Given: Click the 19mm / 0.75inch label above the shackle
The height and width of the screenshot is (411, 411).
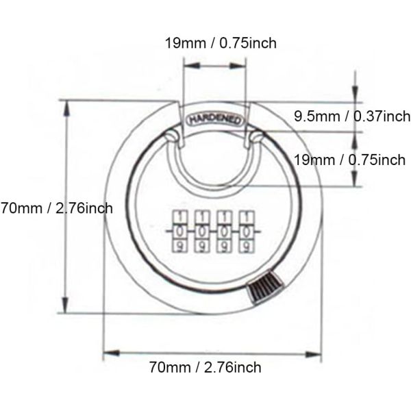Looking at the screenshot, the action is [x=221, y=42].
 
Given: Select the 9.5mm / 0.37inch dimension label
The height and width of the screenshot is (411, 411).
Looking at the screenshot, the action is [x=352, y=116].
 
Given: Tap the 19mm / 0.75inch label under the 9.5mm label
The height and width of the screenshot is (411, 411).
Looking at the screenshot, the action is [x=349, y=160].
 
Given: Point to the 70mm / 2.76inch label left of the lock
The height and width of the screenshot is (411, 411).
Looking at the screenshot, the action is [x=57, y=208].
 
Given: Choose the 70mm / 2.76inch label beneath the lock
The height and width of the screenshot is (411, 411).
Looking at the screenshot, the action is [x=206, y=367].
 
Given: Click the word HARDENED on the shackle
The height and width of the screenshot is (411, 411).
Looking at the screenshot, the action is [x=214, y=120].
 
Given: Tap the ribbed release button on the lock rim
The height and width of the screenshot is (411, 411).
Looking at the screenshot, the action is [x=264, y=288].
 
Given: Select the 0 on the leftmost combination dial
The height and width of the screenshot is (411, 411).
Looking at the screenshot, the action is [x=179, y=232].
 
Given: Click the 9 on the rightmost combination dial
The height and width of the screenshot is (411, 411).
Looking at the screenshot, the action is [x=247, y=247].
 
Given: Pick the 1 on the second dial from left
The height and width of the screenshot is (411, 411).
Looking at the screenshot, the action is [x=202, y=217].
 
